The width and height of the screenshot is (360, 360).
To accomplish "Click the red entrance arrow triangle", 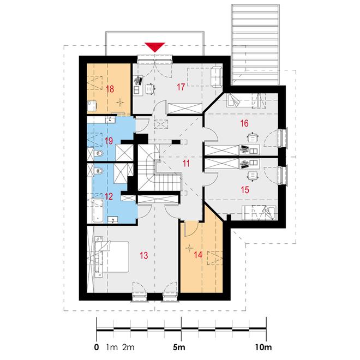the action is click(x=155, y=47).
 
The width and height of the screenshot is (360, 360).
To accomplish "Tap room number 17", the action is click(x=181, y=87).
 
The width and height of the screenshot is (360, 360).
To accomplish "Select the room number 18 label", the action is click(x=110, y=89).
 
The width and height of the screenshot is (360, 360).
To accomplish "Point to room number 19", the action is click(x=109, y=141).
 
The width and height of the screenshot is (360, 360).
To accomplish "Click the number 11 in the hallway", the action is click(x=186, y=164).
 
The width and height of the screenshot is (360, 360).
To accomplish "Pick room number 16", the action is click(x=244, y=123).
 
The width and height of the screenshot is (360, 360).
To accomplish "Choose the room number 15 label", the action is click(x=245, y=190).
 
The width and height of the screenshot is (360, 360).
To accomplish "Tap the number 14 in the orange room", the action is click(x=198, y=255).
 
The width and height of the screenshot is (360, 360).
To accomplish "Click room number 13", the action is click(x=144, y=255).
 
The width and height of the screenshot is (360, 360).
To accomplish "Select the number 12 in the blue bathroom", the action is click(x=109, y=196).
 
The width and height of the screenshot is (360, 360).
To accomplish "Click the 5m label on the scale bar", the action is click(x=179, y=347).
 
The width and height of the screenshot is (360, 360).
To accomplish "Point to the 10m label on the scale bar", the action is click(x=263, y=347).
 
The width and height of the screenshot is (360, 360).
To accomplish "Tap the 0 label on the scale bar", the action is click(x=97, y=347).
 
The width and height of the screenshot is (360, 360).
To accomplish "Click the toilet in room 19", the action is click(x=98, y=153).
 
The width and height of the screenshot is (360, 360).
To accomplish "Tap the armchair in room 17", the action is click(x=216, y=77).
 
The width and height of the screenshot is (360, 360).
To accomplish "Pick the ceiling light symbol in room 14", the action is click(x=189, y=248).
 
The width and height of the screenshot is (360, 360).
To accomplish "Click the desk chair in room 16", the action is click(x=253, y=137).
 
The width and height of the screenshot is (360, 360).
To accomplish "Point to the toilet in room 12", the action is click(x=98, y=171).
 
